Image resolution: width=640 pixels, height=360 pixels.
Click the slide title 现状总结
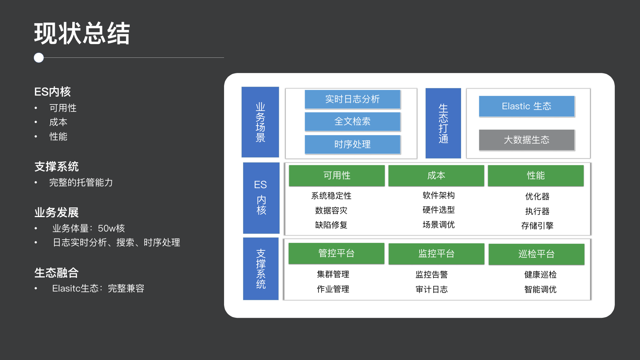82,33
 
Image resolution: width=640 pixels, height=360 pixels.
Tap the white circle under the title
39,58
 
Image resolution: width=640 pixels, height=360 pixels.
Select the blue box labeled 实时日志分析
352,99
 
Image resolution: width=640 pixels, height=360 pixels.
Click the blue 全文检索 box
352,121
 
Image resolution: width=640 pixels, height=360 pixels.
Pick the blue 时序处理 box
352,144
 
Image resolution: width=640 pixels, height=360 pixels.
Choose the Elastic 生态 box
526,106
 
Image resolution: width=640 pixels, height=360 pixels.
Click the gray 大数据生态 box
526,140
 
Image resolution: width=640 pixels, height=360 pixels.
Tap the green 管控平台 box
336,253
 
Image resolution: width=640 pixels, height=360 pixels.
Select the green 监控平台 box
436,254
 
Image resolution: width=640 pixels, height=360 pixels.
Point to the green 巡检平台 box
536,254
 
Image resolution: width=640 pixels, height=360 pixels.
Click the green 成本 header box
436,176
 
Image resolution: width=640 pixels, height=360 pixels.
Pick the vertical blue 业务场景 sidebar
260,122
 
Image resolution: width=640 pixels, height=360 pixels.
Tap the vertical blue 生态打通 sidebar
443,123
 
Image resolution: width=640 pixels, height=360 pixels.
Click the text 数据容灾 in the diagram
331,210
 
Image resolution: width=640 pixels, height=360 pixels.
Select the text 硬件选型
439,210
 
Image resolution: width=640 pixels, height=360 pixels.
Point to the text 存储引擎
537,226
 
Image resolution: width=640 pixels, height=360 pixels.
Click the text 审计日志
431,289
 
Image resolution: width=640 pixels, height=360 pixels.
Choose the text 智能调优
540,289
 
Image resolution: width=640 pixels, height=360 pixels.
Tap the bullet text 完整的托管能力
81,183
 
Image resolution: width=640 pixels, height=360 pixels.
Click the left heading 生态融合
56,273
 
